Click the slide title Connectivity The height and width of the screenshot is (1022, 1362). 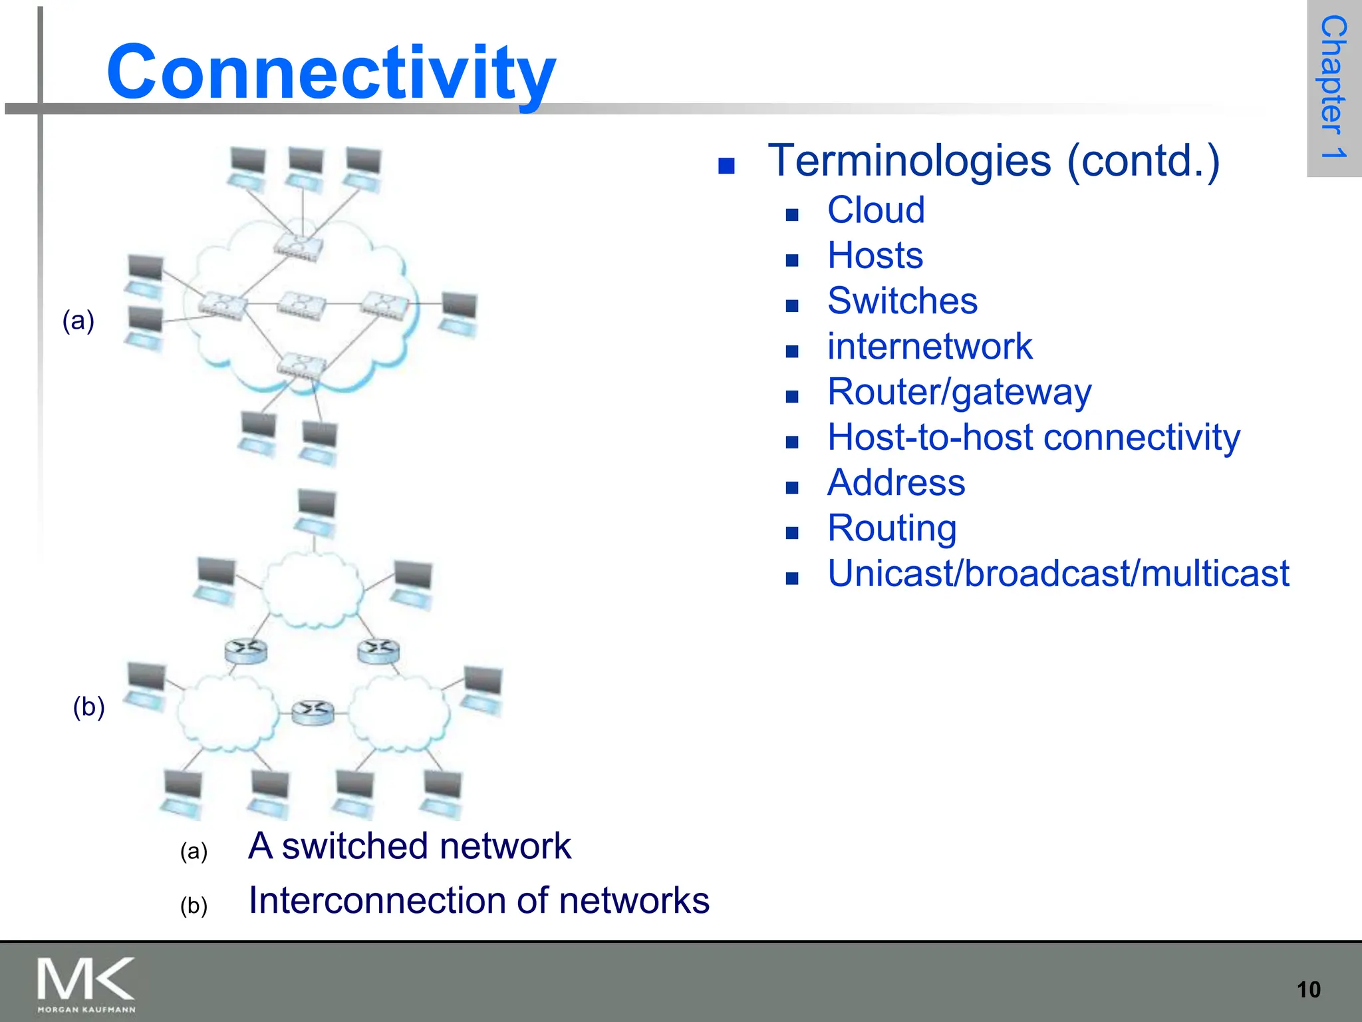click(331, 72)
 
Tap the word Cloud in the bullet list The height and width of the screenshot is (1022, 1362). click(875, 210)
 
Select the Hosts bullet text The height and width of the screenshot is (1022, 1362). click(875, 255)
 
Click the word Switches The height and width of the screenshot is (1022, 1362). click(902, 301)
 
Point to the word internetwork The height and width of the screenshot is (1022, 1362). click(929, 347)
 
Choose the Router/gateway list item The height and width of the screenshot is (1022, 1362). click(958, 392)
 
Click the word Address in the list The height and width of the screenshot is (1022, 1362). click(895, 482)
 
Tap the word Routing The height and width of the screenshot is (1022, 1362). click(891, 528)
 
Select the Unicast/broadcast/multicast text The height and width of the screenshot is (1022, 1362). click(1057, 574)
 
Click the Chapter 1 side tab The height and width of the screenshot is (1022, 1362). click(1333, 87)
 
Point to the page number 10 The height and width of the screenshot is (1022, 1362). click(1308, 989)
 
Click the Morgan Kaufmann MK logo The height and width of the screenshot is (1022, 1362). click(86, 984)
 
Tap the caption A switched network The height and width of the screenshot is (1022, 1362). click(409, 846)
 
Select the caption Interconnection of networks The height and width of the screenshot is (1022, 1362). click(478, 901)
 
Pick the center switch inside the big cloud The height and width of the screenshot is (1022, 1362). click(302, 304)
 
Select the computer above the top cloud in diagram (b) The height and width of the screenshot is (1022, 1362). click(316, 512)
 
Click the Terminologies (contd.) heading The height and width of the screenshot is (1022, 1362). click(994, 161)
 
